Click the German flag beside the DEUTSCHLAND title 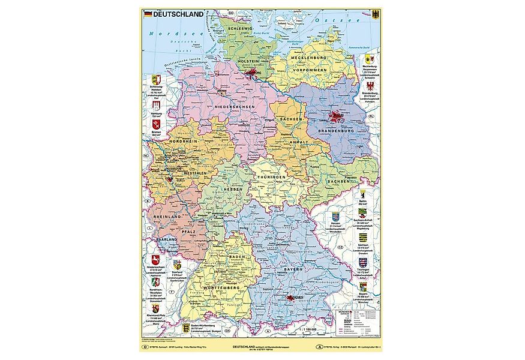tap(148, 13)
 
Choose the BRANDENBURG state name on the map tap(339, 130)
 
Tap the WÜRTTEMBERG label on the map tap(226, 288)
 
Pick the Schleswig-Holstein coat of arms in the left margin tap(155, 80)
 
